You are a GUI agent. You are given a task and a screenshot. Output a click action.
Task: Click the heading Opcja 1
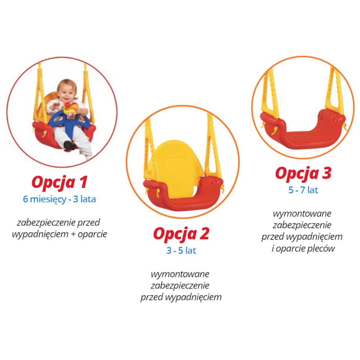59,182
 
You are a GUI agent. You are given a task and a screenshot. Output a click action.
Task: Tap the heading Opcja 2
181,234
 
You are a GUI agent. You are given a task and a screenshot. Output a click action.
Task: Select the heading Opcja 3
303,173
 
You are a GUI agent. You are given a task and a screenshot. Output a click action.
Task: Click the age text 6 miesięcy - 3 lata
59,199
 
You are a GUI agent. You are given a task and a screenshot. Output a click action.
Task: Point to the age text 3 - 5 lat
181,250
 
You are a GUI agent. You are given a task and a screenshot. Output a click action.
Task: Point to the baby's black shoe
69,146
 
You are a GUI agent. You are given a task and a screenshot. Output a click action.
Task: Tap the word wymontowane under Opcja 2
180,274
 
